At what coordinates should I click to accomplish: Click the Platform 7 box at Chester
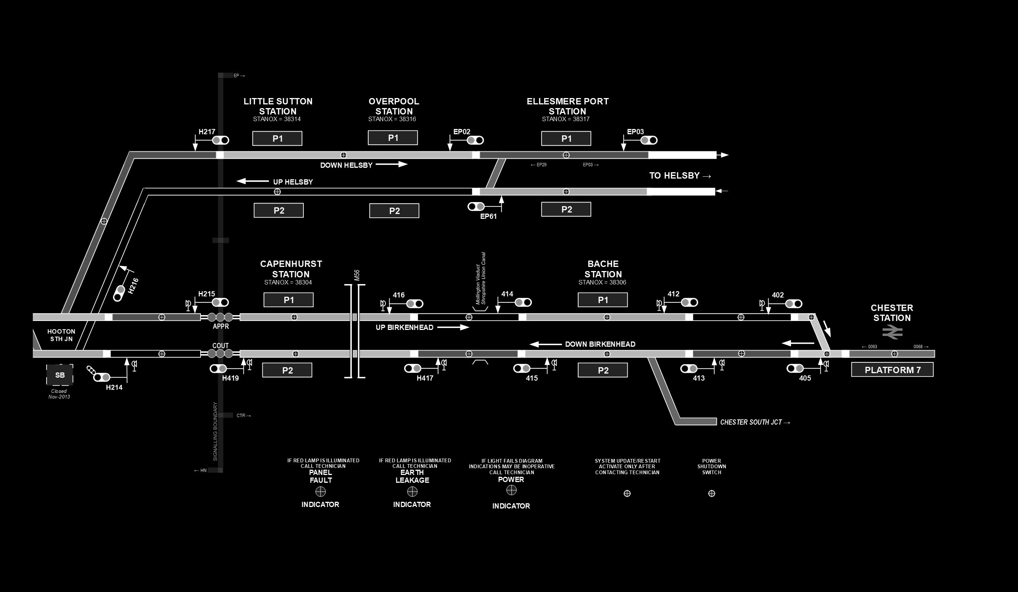click(x=892, y=370)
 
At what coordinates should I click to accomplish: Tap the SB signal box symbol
click(x=60, y=375)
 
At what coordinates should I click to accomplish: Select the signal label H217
click(x=207, y=132)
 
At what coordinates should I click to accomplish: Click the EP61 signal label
click(x=488, y=217)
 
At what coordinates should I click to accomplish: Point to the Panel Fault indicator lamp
click(x=320, y=491)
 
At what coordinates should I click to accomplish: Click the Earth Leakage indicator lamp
click(x=412, y=491)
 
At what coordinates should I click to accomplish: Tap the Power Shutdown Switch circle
click(x=711, y=494)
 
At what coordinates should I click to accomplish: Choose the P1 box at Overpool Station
click(x=393, y=138)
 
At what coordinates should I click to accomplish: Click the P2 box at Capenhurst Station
click(x=287, y=370)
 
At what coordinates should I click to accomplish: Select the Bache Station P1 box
click(x=602, y=300)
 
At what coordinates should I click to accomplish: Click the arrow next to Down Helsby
click(x=391, y=164)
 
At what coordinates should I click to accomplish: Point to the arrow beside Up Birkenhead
click(x=453, y=327)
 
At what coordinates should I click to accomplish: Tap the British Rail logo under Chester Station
click(x=892, y=332)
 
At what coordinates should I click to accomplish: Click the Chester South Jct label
click(x=754, y=422)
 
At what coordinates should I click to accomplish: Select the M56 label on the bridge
click(x=357, y=275)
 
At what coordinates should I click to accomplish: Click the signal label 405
click(x=805, y=378)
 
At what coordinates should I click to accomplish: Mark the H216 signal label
click(x=133, y=285)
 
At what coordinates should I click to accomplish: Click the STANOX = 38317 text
click(x=565, y=119)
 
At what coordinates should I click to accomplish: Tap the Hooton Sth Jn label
click(x=62, y=335)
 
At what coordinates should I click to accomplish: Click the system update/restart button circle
click(x=627, y=494)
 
